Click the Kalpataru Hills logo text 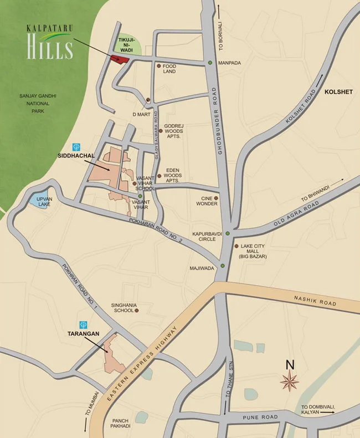coord(50,43)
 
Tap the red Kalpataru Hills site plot coord(120,59)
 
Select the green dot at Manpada coord(210,63)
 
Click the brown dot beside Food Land coord(159,66)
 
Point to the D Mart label coord(141,114)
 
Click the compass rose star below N coord(290,381)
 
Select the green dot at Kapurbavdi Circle coord(227,233)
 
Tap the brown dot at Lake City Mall coord(236,246)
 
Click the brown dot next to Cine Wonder coord(216,198)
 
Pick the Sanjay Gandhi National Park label coord(38,103)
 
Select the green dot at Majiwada coord(222,266)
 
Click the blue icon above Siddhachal coord(76,147)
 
